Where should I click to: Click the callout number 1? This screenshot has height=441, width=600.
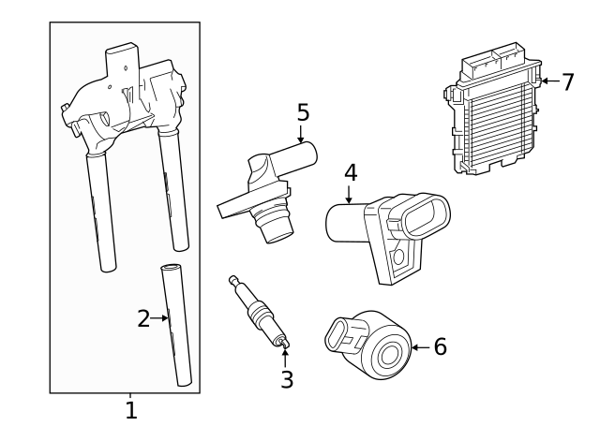(131, 409)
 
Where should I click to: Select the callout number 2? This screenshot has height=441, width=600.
(142, 319)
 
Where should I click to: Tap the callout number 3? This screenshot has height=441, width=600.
(287, 378)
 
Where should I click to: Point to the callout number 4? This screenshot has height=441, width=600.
(350, 172)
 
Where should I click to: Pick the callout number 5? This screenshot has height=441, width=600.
(302, 113)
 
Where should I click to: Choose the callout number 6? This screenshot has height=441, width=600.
(439, 347)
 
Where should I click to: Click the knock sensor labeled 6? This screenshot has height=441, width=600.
(369, 347)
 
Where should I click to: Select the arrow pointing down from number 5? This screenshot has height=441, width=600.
(302, 137)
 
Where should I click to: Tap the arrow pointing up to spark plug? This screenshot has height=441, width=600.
(286, 358)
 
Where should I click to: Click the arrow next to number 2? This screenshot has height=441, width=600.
(161, 319)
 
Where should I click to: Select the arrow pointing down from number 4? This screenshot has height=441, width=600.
(350, 194)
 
